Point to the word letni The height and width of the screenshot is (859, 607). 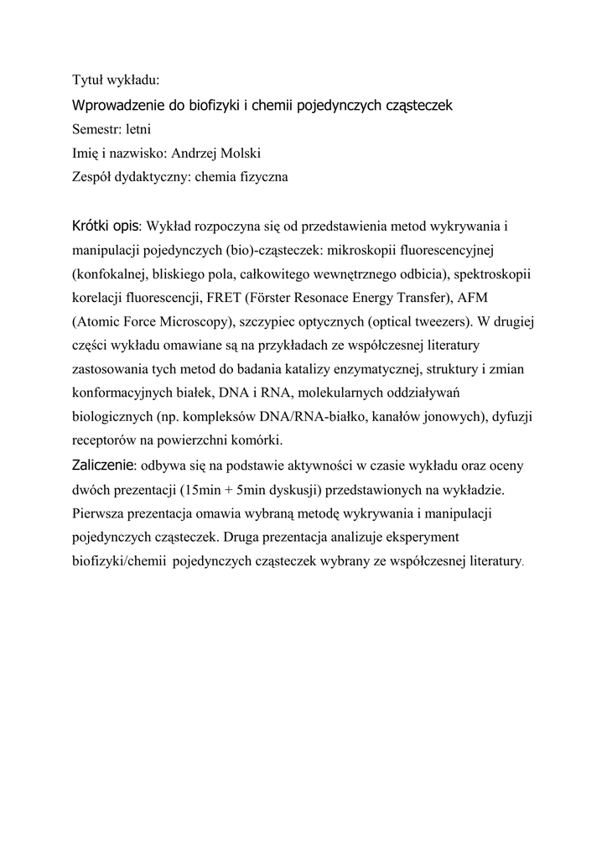pos(138,129)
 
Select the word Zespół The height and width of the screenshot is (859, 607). pos(91,177)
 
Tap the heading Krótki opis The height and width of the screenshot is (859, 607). pos(106,226)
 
